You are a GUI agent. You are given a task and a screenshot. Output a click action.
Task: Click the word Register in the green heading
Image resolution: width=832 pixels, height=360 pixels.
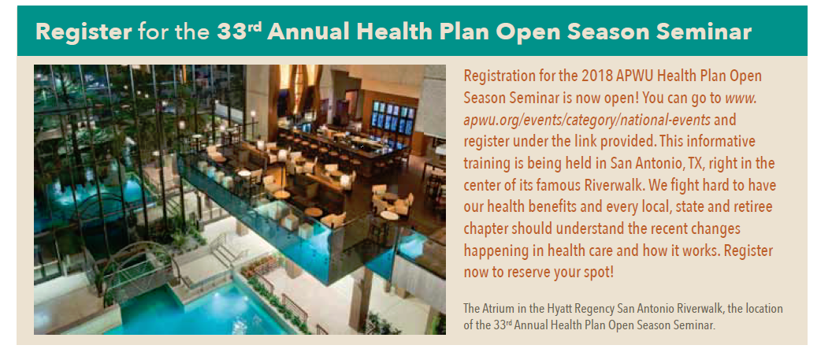[84, 32]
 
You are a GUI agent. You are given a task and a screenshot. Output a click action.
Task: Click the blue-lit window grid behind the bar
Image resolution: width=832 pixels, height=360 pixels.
[392, 117]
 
